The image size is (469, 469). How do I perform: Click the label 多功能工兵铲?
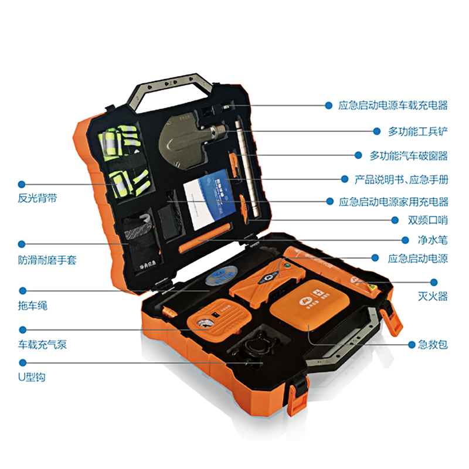point(418,131)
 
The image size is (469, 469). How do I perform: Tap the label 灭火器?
point(433,296)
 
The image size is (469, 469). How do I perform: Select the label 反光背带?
point(38,198)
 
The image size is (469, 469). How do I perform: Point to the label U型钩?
point(32,377)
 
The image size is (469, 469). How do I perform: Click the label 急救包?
point(433,345)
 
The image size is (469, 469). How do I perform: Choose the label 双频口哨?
point(428,220)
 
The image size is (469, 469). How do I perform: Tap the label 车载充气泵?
point(42,345)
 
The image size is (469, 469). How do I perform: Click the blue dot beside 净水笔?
point(405,240)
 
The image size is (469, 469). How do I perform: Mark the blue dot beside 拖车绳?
point(23,290)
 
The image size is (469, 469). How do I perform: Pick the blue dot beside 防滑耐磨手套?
point(22,244)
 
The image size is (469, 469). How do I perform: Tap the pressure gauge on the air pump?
point(202,324)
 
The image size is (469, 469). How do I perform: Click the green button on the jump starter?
point(287,266)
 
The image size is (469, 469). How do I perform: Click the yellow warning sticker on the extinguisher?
point(372,288)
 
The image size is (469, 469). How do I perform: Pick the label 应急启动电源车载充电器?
point(393,106)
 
